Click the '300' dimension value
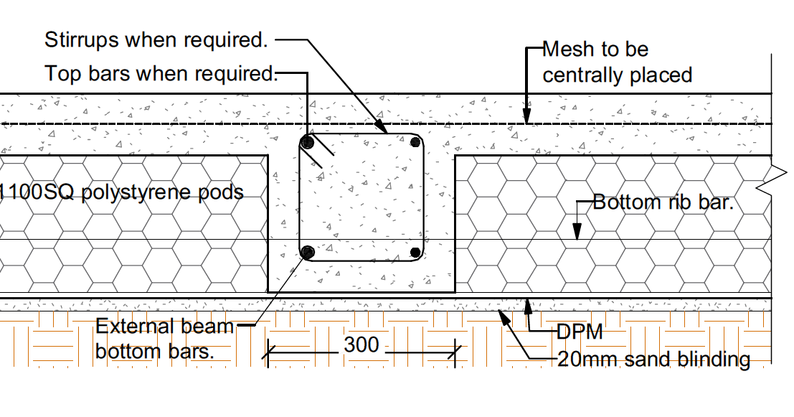(x=361, y=345)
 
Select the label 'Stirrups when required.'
(x=156, y=40)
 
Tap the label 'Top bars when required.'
(x=160, y=73)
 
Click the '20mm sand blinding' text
(x=653, y=359)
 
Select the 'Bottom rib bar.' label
(x=663, y=202)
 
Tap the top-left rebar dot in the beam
(x=308, y=142)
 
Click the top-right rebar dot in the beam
(x=415, y=142)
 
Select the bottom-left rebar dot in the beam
(x=308, y=252)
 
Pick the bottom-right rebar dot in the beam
(x=415, y=252)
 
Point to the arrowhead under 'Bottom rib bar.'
(x=576, y=231)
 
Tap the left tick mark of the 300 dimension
(x=268, y=351)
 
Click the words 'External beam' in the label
(x=165, y=327)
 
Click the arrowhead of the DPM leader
(x=529, y=306)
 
